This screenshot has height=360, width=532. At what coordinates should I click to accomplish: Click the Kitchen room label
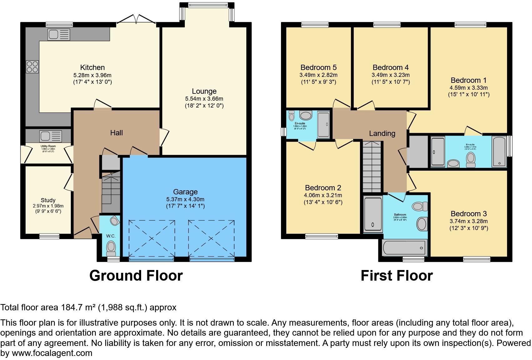click(92, 67)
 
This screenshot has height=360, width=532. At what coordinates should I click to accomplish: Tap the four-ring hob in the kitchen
click(32, 67)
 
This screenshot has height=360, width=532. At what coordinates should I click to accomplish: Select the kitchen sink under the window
click(59, 34)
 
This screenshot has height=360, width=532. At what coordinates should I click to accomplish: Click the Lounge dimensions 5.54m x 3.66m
click(204, 99)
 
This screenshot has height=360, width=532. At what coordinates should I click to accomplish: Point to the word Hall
click(116, 133)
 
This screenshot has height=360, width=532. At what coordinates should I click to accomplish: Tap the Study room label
click(48, 200)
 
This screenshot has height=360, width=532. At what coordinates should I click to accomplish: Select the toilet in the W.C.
click(111, 248)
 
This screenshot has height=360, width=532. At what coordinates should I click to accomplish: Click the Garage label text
click(185, 192)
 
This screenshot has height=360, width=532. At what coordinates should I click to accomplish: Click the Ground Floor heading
click(136, 276)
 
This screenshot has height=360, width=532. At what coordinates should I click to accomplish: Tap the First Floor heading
click(397, 276)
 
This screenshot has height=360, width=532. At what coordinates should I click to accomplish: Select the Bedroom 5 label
click(318, 67)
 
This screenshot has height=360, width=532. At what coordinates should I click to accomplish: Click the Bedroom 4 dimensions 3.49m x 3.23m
click(390, 75)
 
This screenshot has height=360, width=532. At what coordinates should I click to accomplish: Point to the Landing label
click(382, 133)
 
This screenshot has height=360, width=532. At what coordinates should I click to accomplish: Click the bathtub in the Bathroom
click(405, 248)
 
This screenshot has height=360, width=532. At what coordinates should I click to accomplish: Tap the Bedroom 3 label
click(468, 214)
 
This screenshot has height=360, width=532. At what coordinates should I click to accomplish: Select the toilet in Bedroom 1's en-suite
click(470, 159)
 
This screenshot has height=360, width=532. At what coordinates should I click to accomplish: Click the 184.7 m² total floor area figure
click(78, 307)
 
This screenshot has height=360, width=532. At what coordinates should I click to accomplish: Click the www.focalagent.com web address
click(52, 353)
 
